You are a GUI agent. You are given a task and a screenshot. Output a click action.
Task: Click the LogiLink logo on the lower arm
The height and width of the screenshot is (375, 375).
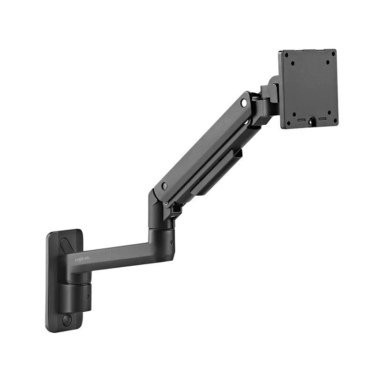(x=82, y=259)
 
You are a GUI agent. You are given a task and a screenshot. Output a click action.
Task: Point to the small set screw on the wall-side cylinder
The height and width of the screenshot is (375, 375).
(x=88, y=296)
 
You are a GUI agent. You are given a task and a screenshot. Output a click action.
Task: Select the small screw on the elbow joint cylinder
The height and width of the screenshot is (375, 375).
(x=172, y=242)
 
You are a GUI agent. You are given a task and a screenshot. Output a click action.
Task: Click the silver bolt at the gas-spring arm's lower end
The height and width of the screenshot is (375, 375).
(x=165, y=185)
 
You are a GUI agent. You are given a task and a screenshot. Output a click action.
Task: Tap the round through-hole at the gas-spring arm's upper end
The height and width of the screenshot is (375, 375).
(x=244, y=103)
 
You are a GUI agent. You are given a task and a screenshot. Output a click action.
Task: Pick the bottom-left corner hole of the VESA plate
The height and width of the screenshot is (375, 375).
(x=288, y=123)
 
